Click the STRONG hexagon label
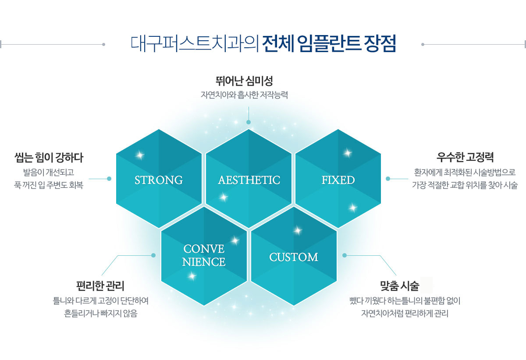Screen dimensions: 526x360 (x=159, y=180)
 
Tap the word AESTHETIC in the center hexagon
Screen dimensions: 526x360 (x=249, y=180)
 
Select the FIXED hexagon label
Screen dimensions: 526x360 (x=338, y=180)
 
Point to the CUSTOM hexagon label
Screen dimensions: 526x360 (x=294, y=257)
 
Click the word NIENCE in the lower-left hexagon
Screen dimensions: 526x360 (x=204, y=262)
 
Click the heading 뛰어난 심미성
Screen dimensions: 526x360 (x=244, y=81)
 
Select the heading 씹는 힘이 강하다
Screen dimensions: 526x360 (x=49, y=158)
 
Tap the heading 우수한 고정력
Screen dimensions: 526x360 (x=465, y=157)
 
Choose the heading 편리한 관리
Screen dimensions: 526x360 (x=100, y=286)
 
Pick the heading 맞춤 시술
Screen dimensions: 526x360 (x=400, y=286)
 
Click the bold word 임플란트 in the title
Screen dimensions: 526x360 (x=328, y=43)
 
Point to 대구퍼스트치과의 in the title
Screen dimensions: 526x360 (x=195, y=44)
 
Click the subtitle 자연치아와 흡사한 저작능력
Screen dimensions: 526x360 (x=244, y=95)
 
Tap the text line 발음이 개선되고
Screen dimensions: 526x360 (x=49, y=173)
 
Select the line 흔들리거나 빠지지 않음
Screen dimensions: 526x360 (x=101, y=314)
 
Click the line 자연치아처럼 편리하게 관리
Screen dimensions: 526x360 (x=405, y=314)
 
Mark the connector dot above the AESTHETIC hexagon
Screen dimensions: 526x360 (x=249, y=122)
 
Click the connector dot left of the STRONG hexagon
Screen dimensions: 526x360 (x=109, y=179)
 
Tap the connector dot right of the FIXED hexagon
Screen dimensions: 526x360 (x=388, y=179)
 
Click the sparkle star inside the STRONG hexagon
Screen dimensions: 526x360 (x=140, y=155)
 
